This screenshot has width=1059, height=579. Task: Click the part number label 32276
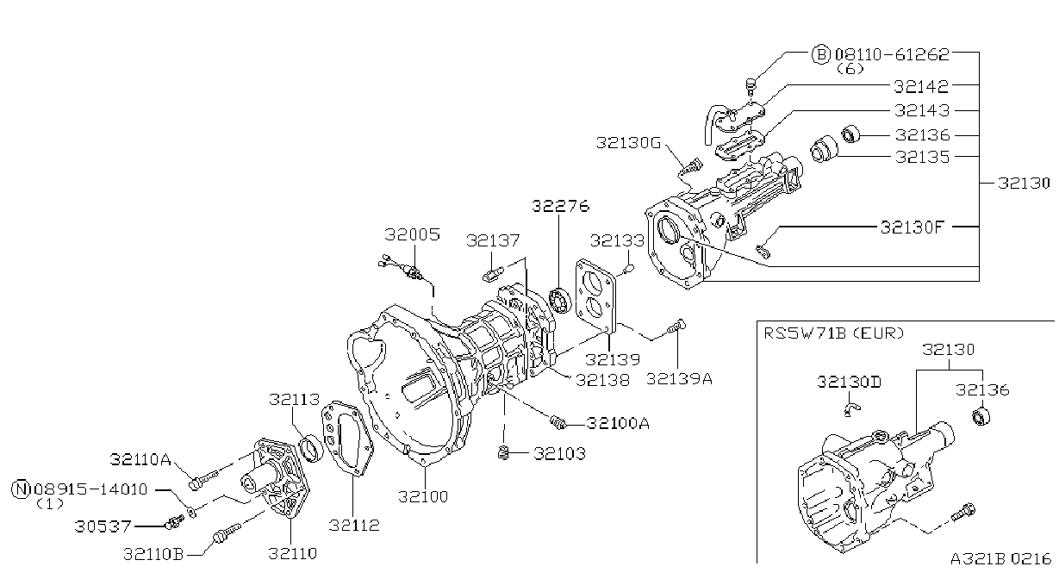[x=561, y=206]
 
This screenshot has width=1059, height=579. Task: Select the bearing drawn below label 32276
[x=561, y=301]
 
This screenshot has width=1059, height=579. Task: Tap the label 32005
[x=412, y=234]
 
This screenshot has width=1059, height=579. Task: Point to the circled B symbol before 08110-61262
[x=820, y=54]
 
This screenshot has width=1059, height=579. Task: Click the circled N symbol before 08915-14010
[x=21, y=489]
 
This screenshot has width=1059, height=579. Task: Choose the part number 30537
[x=103, y=526]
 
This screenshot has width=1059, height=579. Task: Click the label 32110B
[x=153, y=554]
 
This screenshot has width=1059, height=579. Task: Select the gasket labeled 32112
[x=347, y=439]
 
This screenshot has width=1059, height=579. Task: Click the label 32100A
[x=618, y=423]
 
